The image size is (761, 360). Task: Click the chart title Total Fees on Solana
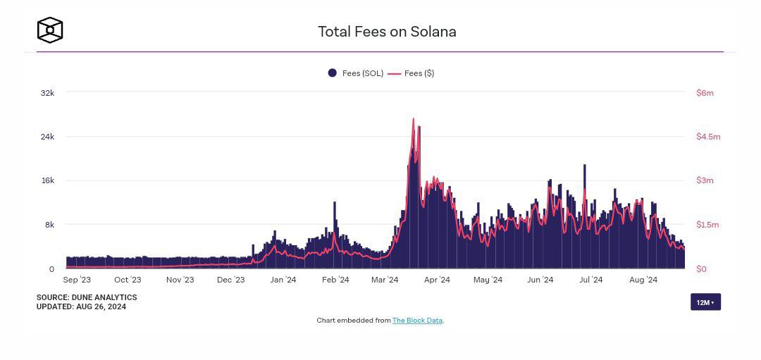387,32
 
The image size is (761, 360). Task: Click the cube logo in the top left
50,30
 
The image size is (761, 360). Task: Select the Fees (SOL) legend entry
356,73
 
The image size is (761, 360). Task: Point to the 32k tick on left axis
47,93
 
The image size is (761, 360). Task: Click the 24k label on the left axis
47,137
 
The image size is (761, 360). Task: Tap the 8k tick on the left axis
49,225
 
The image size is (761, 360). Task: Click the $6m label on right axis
705,93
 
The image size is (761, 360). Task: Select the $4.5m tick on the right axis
707,137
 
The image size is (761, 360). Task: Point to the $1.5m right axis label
707,225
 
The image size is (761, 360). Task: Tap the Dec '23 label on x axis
230,280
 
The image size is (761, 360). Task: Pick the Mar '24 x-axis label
384,280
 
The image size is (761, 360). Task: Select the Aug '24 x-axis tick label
643,280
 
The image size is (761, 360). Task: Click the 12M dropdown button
705,302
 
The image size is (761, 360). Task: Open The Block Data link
417,321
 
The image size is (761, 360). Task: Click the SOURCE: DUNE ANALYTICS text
87,298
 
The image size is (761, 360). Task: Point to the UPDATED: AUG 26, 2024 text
82,306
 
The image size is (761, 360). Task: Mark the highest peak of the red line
414,119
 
